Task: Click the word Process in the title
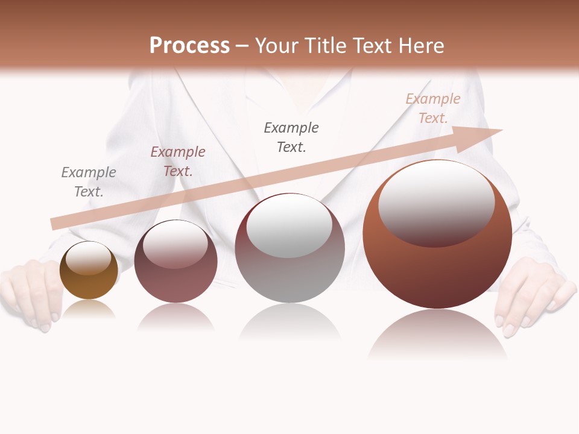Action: click(189, 46)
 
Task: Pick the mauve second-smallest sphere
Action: click(176, 271)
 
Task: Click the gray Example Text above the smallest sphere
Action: click(89, 182)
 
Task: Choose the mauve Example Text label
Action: click(178, 162)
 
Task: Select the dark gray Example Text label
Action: click(291, 137)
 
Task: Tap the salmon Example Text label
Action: click(433, 108)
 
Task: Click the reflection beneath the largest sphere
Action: click(437, 335)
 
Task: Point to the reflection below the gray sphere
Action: click(289, 322)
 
